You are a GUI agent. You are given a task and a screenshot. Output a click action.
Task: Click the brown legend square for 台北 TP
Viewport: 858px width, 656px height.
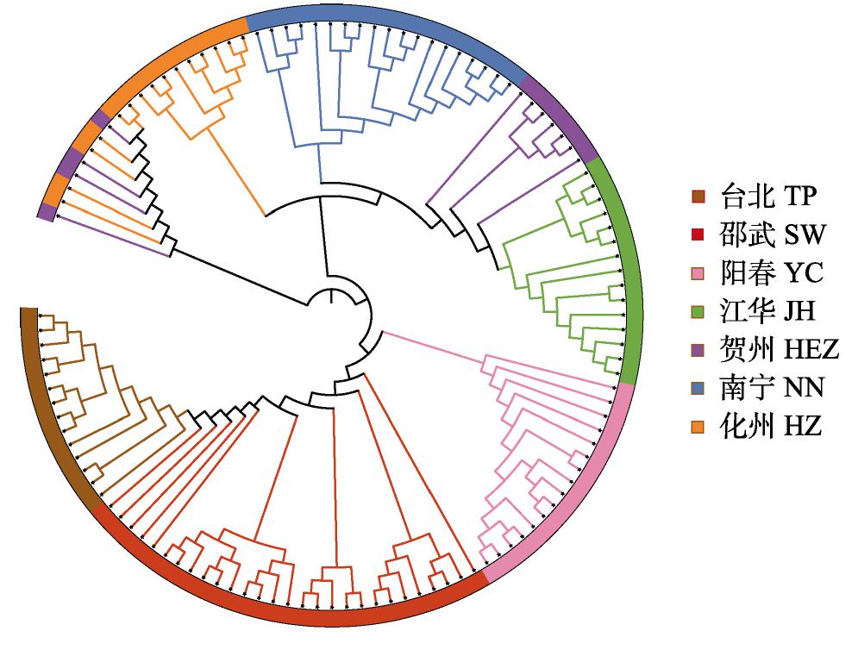(x=698, y=197)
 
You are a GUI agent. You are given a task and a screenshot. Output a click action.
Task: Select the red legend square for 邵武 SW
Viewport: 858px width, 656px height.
(x=698, y=234)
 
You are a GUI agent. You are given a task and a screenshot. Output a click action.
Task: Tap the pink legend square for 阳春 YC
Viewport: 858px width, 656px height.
(x=698, y=273)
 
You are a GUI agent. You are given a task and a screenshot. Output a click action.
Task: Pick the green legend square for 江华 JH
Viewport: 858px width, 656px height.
(x=698, y=311)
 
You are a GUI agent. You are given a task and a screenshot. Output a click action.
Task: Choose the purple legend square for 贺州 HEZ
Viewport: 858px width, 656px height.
(x=698, y=350)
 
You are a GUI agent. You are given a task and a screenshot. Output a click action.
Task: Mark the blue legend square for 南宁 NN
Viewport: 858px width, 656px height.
(x=698, y=388)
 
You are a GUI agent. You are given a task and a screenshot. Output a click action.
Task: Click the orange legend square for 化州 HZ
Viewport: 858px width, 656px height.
(x=698, y=426)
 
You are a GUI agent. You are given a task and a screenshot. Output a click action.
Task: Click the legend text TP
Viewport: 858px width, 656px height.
(x=799, y=197)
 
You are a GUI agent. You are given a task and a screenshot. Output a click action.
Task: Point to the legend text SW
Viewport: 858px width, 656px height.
(x=805, y=234)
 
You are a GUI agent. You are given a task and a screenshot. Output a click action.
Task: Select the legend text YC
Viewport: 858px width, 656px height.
(x=804, y=273)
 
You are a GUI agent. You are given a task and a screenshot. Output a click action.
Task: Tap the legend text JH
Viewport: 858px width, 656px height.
(x=799, y=311)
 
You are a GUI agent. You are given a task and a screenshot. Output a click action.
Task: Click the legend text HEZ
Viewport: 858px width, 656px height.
(x=811, y=350)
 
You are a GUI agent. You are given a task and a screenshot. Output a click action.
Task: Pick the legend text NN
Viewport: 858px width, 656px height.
(x=804, y=388)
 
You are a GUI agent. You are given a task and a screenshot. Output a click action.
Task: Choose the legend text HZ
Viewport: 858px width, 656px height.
(x=803, y=426)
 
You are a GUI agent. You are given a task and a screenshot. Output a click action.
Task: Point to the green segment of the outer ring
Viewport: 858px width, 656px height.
(x=629, y=268)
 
